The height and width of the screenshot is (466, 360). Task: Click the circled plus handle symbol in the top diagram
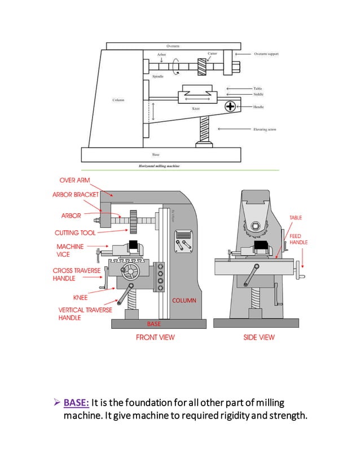click(230, 106)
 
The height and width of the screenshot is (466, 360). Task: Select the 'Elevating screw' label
click(264, 130)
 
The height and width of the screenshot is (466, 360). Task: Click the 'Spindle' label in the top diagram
click(158, 76)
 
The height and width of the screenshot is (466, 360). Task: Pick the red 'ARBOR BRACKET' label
click(76, 195)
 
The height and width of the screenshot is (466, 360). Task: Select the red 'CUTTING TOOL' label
click(75, 232)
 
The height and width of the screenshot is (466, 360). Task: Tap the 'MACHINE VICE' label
click(70, 250)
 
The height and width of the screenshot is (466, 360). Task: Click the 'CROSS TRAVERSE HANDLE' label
click(77, 275)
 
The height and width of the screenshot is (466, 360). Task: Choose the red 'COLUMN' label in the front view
click(184, 301)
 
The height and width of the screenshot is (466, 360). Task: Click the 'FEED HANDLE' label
click(298, 239)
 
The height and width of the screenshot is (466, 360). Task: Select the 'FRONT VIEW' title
click(155, 337)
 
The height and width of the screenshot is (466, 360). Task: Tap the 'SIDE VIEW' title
click(258, 337)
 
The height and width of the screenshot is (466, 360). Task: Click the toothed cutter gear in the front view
click(134, 221)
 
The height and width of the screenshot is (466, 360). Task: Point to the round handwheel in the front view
click(132, 272)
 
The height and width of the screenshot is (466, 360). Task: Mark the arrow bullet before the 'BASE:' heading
click(56, 403)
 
